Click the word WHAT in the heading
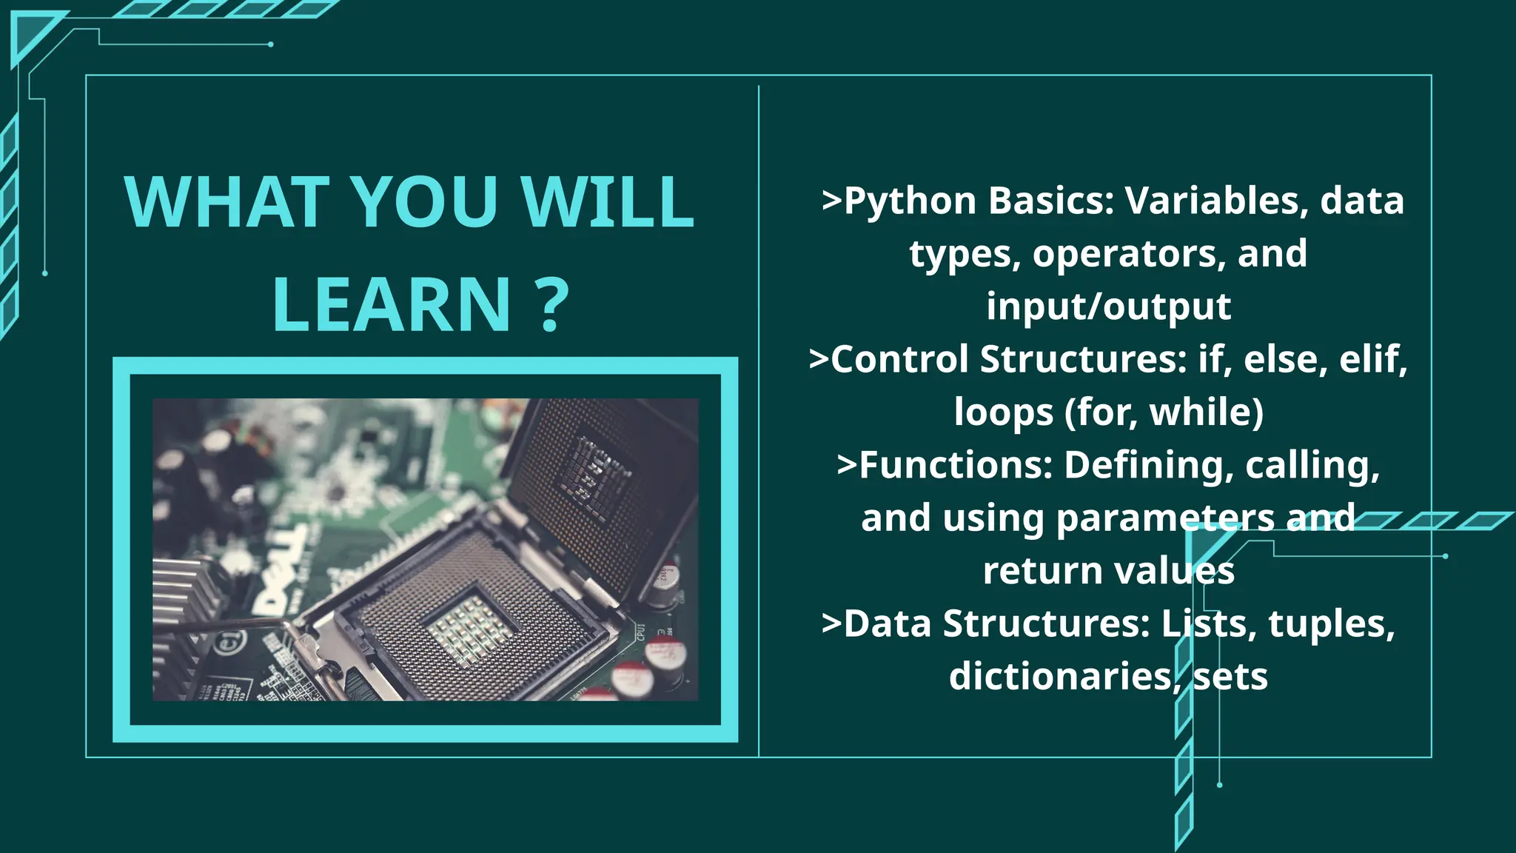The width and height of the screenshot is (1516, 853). (x=227, y=201)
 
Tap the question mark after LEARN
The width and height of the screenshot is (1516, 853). (x=551, y=305)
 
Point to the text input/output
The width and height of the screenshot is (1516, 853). (x=1108, y=307)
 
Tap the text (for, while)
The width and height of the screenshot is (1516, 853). (x=1164, y=412)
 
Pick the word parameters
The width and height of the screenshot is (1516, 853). (x=1165, y=518)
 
